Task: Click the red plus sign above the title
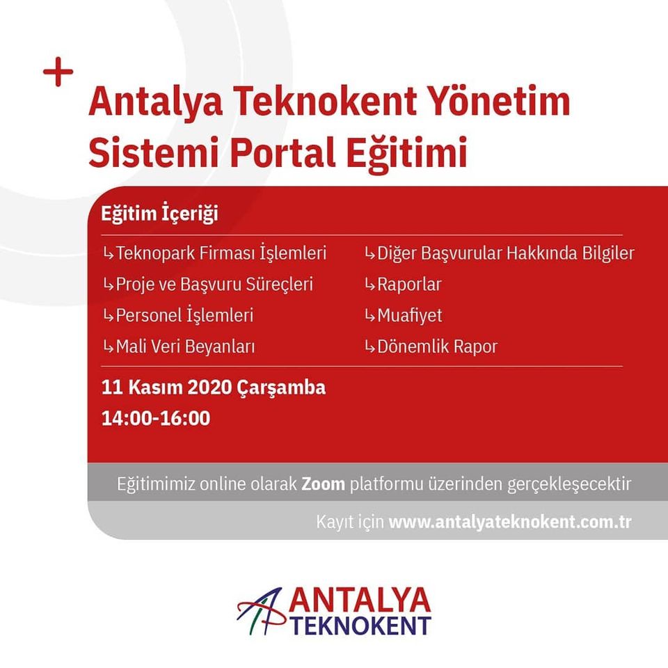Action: click(58, 72)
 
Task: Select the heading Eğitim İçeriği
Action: click(159, 214)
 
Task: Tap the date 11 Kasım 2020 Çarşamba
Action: click(214, 388)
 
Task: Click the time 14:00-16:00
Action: click(156, 418)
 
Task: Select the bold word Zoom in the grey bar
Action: click(324, 484)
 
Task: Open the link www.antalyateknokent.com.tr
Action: click(510, 522)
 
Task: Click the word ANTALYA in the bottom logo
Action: click(360, 601)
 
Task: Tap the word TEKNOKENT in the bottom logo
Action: click(362, 626)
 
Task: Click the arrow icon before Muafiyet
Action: click(369, 316)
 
